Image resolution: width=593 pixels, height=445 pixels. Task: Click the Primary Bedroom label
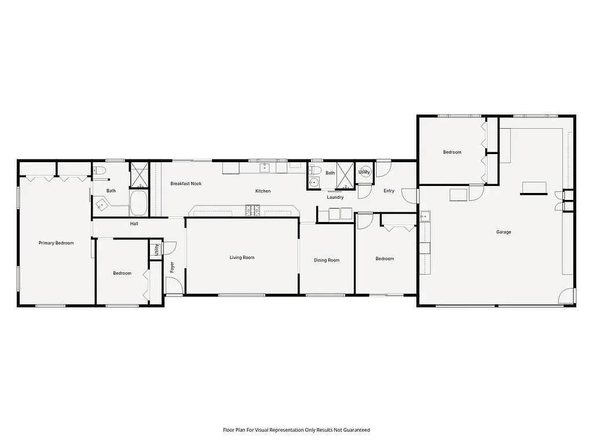pos(56,243)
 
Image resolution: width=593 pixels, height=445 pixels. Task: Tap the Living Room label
pos(242,257)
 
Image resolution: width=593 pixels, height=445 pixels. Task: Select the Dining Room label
pos(327,260)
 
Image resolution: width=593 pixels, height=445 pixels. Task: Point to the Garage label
pos(503,232)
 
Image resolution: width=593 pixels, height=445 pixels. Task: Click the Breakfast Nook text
pos(186,184)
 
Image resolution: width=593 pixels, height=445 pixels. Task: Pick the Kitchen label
pos(263,191)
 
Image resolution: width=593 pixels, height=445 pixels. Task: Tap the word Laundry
pos(335,198)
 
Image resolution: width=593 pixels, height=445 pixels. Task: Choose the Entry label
pos(389,191)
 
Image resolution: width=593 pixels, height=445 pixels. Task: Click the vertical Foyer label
pos(172,267)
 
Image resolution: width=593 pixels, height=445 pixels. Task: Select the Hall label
pos(134,223)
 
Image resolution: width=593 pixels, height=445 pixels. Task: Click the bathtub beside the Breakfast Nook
pos(139,203)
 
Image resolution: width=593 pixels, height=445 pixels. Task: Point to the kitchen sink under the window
pos(266,167)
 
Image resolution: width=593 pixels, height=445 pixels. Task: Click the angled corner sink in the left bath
pos(103,204)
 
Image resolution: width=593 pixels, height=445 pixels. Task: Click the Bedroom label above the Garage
pos(452,152)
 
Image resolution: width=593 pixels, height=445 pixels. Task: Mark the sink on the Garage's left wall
pos(424,217)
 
